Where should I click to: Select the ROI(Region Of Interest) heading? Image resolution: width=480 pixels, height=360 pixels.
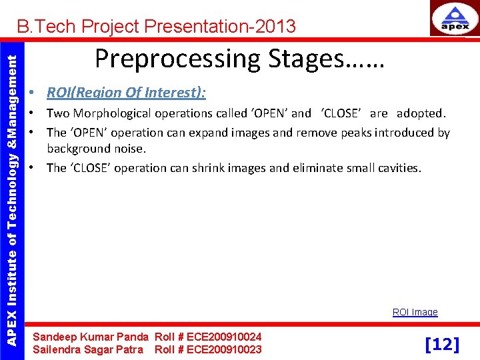[x=126, y=93]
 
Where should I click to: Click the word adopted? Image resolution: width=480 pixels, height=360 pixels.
[x=421, y=113]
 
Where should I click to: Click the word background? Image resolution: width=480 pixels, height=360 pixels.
[x=79, y=149]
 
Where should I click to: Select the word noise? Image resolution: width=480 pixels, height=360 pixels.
[x=130, y=149]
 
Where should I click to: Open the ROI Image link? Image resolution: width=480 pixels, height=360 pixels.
[x=415, y=312]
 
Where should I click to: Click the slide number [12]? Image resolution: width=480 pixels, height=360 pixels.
[x=442, y=344]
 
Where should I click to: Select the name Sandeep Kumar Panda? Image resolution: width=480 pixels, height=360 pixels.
[x=91, y=337]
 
